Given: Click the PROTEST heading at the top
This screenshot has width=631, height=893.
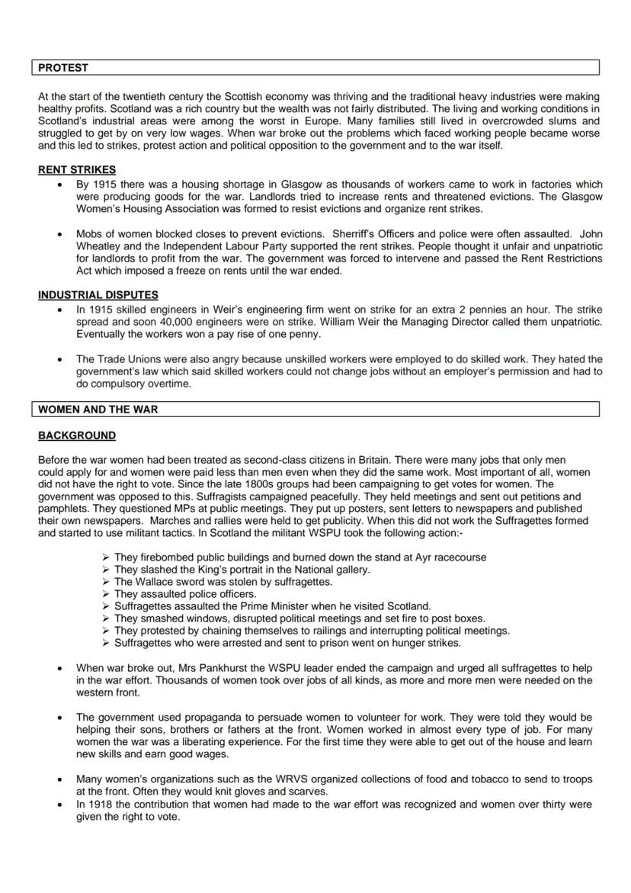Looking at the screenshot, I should pyautogui.click(x=63, y=68).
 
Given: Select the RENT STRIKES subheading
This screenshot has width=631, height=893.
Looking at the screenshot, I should pyautogui.click(x=77, y=170).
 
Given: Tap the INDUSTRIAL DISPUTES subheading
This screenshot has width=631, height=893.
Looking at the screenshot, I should pyautogui.click(x=98, y=295).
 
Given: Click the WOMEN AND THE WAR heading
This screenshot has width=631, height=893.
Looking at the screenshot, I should pyautogui.click(x=98, y=410).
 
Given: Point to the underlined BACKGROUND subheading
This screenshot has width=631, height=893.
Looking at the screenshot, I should pyautogui.click(x=77, y=435).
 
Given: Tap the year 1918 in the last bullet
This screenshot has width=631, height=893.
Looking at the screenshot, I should pyautogui.click(x=101, y=805).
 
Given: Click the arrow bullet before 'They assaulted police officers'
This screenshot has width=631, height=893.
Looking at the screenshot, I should pyautogui.click(x=106, y=594).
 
